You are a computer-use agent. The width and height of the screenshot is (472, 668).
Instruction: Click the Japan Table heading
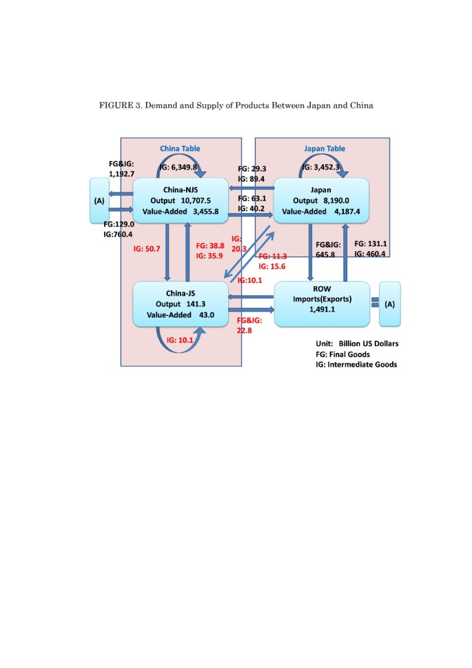tap(325, 148)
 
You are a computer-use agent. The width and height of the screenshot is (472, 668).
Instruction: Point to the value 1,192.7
tap(124, 175)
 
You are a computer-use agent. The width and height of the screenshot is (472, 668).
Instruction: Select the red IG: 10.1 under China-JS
tap(182, 340)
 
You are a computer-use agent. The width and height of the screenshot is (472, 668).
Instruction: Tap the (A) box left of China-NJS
tap(100, 201)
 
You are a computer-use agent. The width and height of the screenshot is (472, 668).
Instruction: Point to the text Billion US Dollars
tap(373, 343)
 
